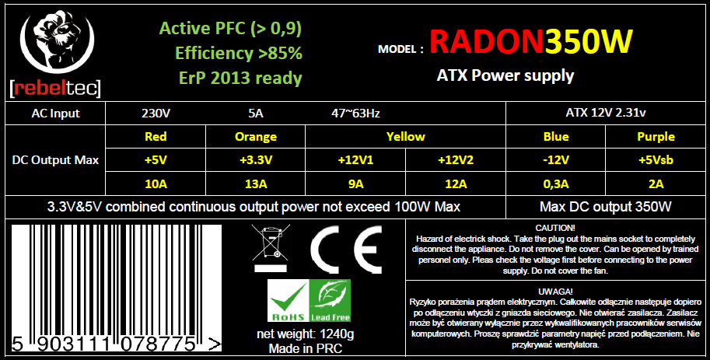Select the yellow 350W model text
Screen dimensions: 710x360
tap(589, 42)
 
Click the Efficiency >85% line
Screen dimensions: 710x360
tap(239, 54)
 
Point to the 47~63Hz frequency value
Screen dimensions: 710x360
tap(355, 114)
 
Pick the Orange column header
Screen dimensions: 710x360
tap(255, 137)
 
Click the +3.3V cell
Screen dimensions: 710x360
tap(255, 160)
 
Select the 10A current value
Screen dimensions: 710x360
tap(156, 183)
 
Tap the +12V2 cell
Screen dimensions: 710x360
tap(456, 160)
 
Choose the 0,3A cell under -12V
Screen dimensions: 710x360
tap(555, 183)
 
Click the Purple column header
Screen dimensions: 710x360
tap(656, 137)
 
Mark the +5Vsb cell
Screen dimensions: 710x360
tap(656, 160)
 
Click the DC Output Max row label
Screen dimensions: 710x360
tap(55, 160)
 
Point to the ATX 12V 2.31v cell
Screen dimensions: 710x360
tap(605, 113)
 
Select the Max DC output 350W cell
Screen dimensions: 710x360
tap(605, 207)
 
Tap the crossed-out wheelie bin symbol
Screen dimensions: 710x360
tap(271, 248)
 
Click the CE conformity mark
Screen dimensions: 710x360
tap(346, 249)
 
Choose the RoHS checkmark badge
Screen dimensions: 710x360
tap(288, 300)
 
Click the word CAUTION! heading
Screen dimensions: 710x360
tap(555, 229)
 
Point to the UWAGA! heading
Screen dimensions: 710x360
tap(555, 291)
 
